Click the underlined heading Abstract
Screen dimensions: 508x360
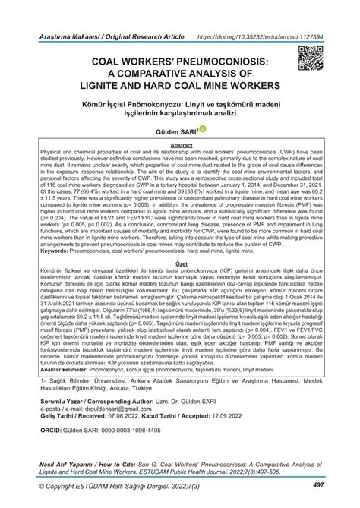[x=180, y=144]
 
